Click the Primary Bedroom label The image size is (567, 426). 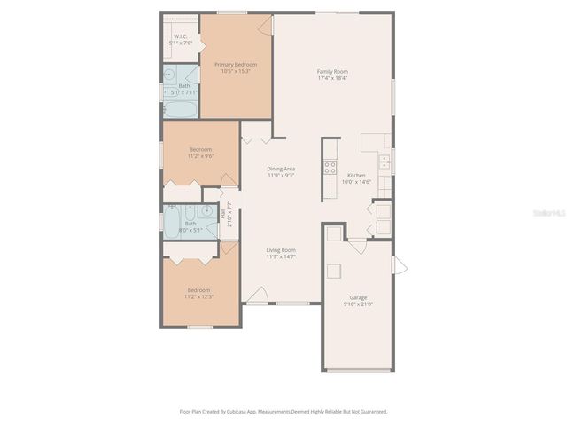[x=235, y=65]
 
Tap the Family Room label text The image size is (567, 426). [x=333, y=71]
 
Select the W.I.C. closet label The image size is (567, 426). [x=180, y=36]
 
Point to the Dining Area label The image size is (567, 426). [x=281, y=169]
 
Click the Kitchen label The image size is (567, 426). [x=356, y=175]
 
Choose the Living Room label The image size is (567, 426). [x=281, y=250]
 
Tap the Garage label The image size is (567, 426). [x=358, y=297]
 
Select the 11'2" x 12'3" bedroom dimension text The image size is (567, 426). [x=199, y=296]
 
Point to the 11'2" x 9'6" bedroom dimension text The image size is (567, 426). [x=200, y=156]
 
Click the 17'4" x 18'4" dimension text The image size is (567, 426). [x=333, y=78]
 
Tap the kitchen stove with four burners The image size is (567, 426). [x=330, y=165]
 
